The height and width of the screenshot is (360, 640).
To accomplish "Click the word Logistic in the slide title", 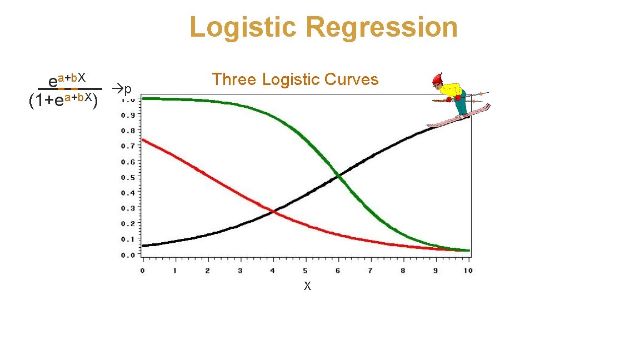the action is pos(242,27).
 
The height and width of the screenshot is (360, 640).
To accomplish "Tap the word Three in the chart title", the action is pos(234,79).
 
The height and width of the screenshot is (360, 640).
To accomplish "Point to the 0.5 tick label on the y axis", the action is pos(127,178).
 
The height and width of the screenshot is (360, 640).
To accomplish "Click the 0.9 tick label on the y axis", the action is pos(127,116).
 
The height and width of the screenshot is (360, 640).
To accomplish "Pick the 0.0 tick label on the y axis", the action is pos(127,255).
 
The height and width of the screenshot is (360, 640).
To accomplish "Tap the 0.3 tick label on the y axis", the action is pos(127,209).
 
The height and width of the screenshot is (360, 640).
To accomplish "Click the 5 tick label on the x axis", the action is pos(306,271).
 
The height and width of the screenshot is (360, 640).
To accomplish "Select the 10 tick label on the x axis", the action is pos(468,271).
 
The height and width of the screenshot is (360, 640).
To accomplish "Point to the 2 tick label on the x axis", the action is pos(208,271).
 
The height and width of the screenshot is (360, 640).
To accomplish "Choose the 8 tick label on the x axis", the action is pos(403,271).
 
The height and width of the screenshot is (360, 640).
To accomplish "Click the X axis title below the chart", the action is pos(307,287).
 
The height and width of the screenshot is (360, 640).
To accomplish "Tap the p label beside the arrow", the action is pos(128,89).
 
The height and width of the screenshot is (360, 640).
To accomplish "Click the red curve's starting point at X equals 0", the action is pos(143,139).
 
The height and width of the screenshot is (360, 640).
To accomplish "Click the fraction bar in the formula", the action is pos(69,89).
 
